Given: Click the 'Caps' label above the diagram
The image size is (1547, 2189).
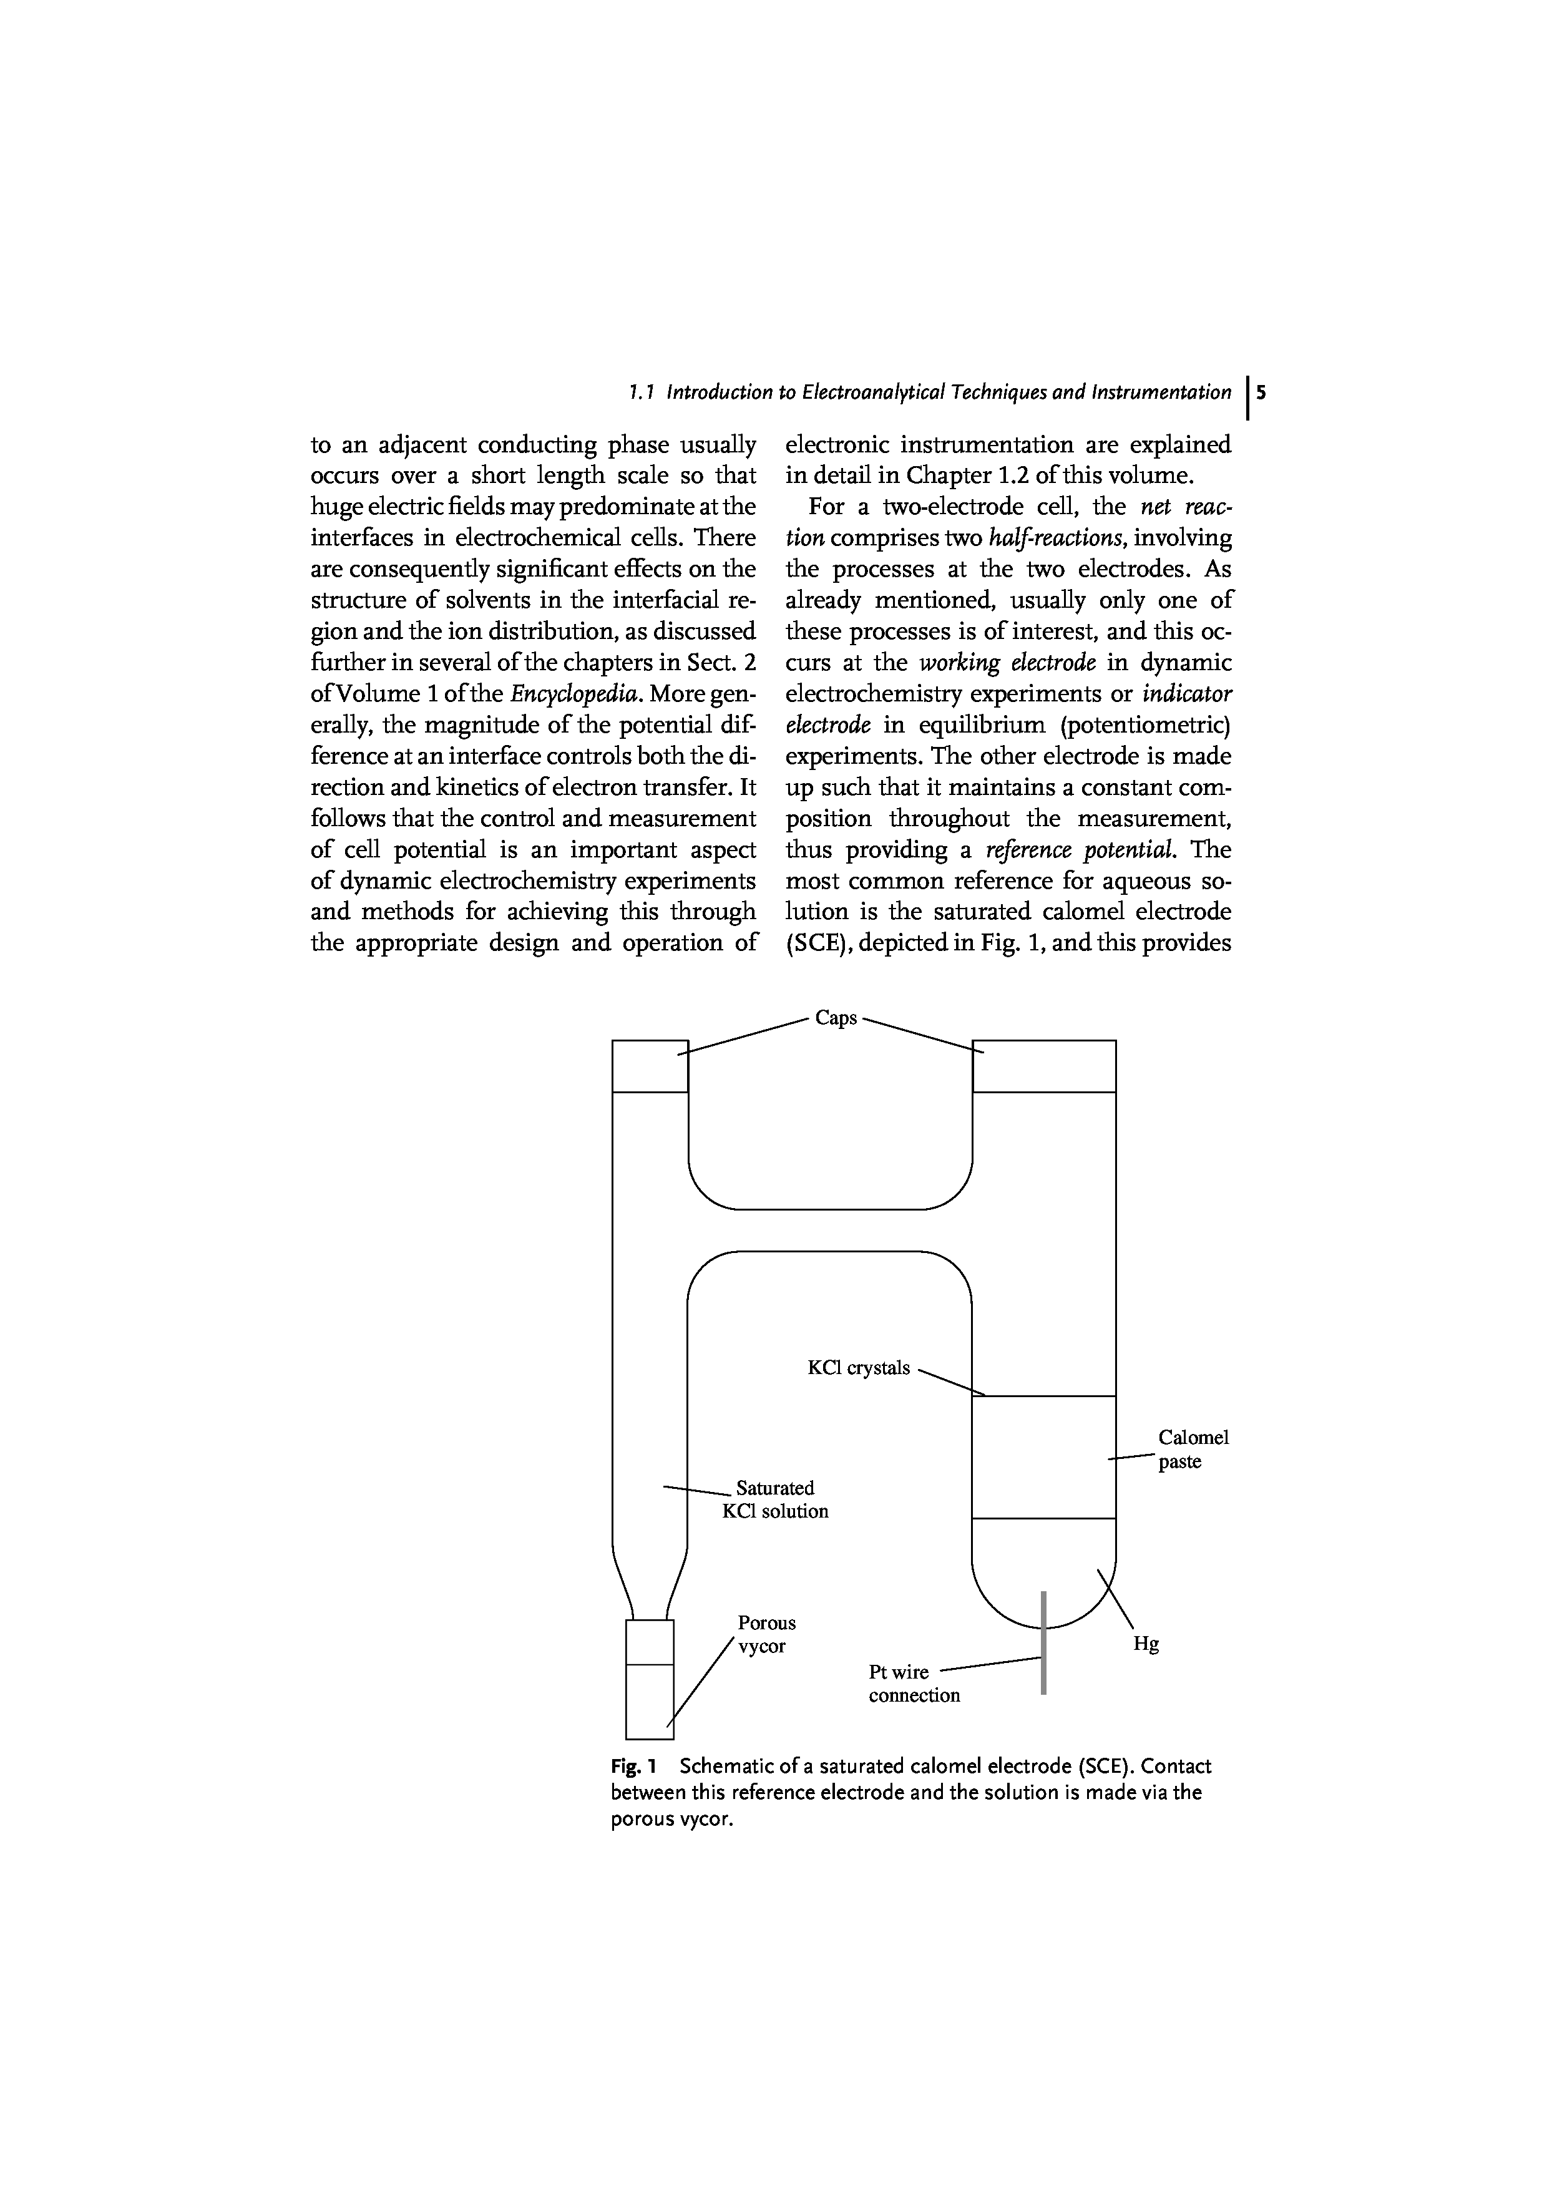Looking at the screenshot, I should [x=836, y=1018].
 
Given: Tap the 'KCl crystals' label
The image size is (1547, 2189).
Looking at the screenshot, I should [x=858, y=1368].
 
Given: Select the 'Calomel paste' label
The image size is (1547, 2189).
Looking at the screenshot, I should [x=1193, y=1449].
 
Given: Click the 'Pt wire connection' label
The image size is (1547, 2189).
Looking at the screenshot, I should [x=913, y=1683].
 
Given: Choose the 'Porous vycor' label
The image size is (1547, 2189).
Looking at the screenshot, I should [x=766, y=1634].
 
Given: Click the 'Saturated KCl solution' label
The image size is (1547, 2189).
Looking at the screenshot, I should [x=775, y=1499].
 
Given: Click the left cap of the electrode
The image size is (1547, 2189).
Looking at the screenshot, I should [x=649, y=1065].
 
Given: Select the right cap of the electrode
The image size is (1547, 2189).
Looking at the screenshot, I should [x=1044, y=1065].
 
